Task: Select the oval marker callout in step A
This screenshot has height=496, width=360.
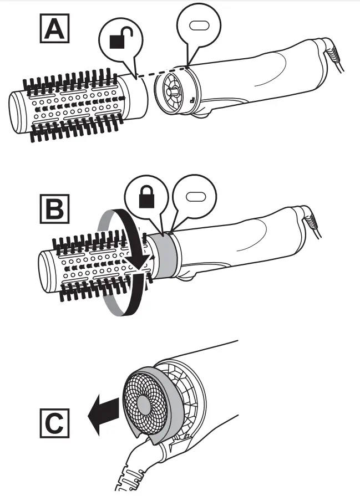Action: pyautogui.click(x=198, y=26)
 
